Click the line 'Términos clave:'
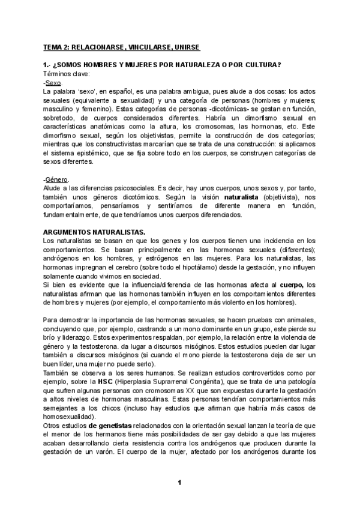pos(66,73)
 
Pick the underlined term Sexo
pos(53,82)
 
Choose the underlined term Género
pos(57,179)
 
